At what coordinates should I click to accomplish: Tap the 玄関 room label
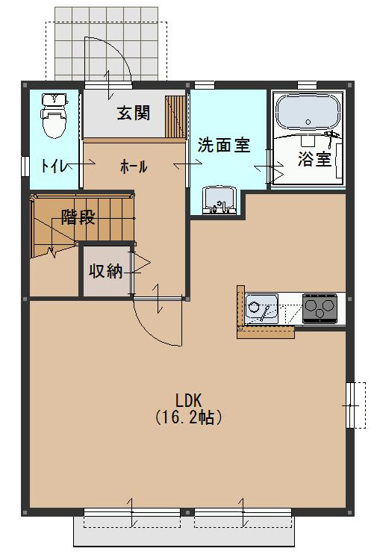click(134, 113)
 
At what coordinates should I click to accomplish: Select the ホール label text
click(134, 167)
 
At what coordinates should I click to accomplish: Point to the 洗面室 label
click(223, 146)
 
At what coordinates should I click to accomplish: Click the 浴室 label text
click(314, 158)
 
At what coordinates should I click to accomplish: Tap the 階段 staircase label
click(78, 218)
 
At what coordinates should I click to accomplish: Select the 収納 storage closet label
click(105, 271)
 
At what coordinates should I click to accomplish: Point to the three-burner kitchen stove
click(320, 307)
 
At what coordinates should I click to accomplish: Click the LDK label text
click(190, 399)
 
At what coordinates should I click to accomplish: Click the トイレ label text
click(52, 166)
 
